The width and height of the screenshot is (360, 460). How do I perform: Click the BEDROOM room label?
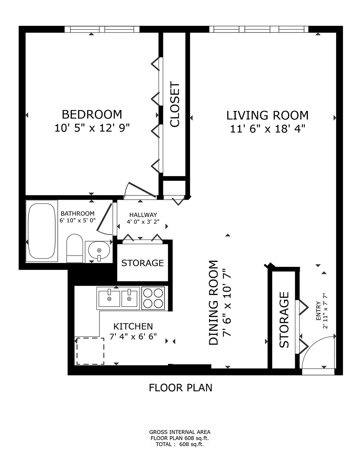pyautogui.click(x=92, y=114)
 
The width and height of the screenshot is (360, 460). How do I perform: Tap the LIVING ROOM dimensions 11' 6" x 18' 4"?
pyautogui.click(x=267, y=129)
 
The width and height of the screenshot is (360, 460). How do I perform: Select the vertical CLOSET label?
pyautogui.click(x=175, y=104)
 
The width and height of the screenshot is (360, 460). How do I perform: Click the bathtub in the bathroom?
pyautogui.click(x=41, y=231)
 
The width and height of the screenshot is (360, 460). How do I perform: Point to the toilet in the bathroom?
pyautogui.click(x=74, y=248)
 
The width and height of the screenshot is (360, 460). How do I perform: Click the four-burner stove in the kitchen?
pyautogui.click(x=153, y=298)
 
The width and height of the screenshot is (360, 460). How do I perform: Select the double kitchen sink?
pyautogui.click(x=118, y=298)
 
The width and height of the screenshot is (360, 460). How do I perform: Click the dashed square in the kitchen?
pyautogui.click(x=90, y=351)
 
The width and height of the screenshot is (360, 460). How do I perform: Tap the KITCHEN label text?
pyautogui.click(x=133, y=326)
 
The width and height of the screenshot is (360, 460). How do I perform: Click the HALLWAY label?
pyautogui.click(x=143, y=215)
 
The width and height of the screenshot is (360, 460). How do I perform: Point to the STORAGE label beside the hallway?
pyautogui.click(x=142, y=263)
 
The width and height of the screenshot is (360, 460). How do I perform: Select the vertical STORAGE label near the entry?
pyautogui.click(x=284, y=320)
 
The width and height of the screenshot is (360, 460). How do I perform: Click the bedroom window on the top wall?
pyautogui.click(x=102, y=29)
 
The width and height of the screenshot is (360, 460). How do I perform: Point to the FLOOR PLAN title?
pyautogui.click(x=180, y=388)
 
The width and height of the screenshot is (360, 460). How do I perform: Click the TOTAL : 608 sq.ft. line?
pyautogui.click(x=180, y=444)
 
